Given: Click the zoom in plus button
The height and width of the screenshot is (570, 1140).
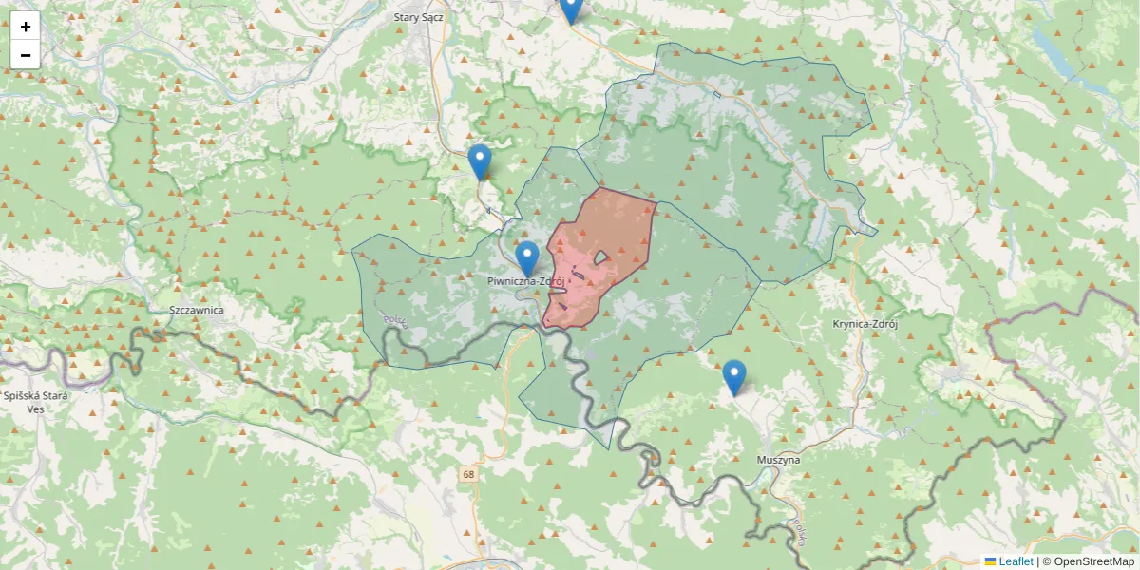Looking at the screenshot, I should pos(26,27).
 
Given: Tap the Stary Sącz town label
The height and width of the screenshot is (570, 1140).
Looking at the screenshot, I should pos(420,16).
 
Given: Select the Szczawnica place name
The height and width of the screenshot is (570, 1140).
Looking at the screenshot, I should pos(195,310).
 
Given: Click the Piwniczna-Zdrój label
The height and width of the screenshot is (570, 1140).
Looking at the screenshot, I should pos(525,281).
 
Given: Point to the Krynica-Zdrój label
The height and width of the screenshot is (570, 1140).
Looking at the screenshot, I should pos(864,323).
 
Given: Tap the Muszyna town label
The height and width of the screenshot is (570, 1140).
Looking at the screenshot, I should pos(778,460).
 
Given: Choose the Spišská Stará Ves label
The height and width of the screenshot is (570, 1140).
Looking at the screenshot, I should pos(24,402).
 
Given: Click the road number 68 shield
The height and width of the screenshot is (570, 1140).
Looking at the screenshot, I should pos(469,473).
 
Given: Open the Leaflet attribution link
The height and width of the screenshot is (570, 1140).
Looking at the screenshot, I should pos(1016,561).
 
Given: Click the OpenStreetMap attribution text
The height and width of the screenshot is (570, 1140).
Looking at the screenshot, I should pos(1089,561).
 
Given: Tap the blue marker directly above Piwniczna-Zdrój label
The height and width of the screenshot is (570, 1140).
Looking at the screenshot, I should pos(527,257).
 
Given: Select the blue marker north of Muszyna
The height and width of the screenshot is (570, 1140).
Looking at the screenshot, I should pos(733,376).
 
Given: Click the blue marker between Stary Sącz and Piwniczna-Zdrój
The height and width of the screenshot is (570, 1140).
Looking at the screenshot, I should pos(480,161).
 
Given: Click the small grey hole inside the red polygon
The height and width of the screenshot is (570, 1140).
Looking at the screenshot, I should pos(601,257).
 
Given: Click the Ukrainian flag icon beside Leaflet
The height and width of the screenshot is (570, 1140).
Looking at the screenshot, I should pos(990,561).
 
